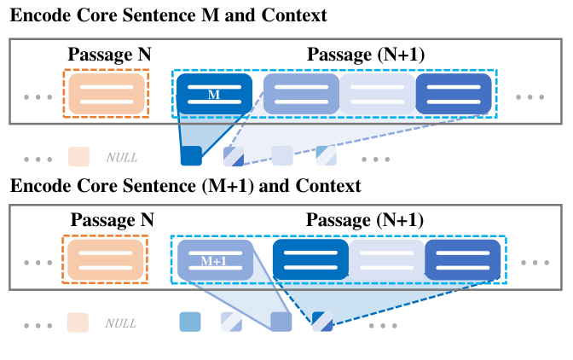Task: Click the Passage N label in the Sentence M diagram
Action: tap(109, 55)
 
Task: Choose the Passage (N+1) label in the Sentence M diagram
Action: tap(366, 55)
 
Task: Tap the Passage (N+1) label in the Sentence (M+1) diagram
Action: tap(366, 219)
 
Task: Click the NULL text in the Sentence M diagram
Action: tap(121, 157)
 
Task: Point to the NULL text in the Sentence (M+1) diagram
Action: tap(121, 322)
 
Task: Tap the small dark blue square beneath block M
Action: tap(191, 155)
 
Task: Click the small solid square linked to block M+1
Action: tap(281, 322)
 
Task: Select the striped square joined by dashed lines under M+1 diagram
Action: tap(322, 322)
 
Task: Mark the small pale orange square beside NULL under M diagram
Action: tap(79, 156)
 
